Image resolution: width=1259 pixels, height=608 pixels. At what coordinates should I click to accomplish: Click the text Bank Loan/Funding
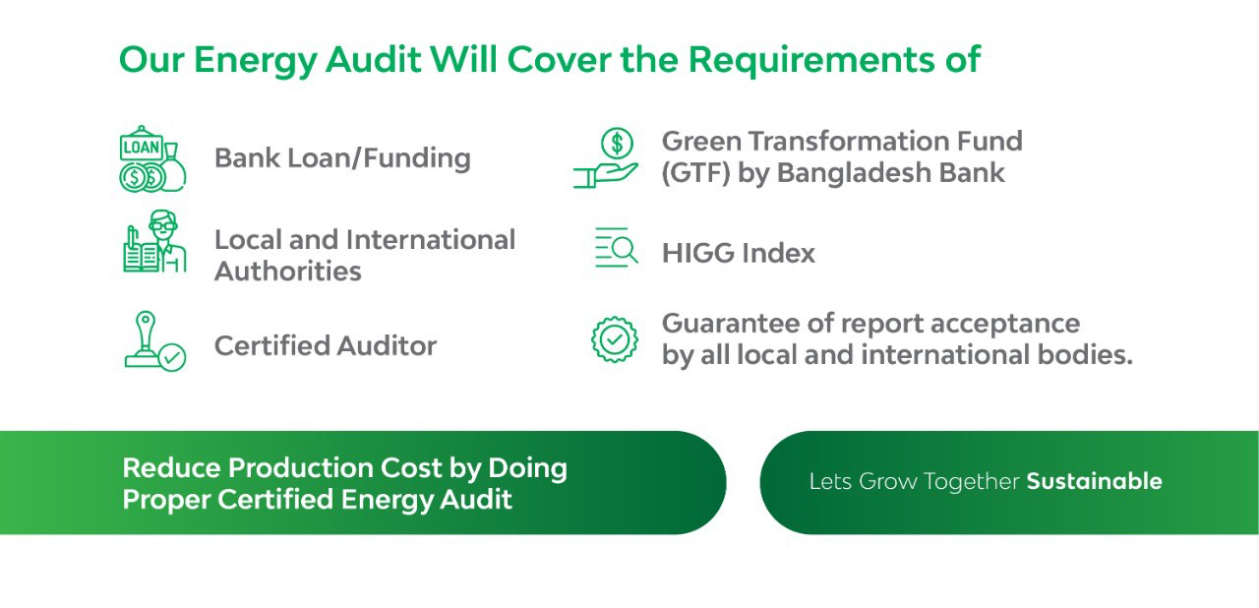coord(342,157)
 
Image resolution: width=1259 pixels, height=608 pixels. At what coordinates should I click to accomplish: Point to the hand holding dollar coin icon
coord(605,157)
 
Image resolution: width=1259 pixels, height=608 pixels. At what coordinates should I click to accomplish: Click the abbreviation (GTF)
coord(695,172)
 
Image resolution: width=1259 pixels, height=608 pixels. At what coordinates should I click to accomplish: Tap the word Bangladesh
coord(855,172)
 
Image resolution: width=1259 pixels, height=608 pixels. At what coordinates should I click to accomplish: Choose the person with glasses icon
coord(154,242)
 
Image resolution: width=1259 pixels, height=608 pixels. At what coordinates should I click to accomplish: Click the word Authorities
coord(288,271)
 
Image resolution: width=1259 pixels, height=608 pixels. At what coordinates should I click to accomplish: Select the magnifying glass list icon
coord(616,247)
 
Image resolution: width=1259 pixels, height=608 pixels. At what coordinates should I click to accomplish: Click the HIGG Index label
coord(738,253)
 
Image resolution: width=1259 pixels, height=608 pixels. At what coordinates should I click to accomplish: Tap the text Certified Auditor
coord(326,345)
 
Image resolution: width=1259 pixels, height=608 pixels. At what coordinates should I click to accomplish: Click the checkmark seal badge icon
coord(615,338)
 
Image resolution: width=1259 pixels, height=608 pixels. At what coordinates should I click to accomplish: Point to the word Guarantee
coord(731,323)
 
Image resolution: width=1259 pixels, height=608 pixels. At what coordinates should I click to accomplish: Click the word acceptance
coord(1005,325)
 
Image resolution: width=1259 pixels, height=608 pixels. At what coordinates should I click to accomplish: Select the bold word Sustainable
coord(1095,481)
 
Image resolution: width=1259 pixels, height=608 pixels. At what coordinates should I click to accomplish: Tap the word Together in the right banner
coord(971,481)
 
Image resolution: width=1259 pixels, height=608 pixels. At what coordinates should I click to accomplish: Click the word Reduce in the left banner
coord(171,467)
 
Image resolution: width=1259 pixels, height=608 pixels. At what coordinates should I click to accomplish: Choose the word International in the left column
coord(431,239)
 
